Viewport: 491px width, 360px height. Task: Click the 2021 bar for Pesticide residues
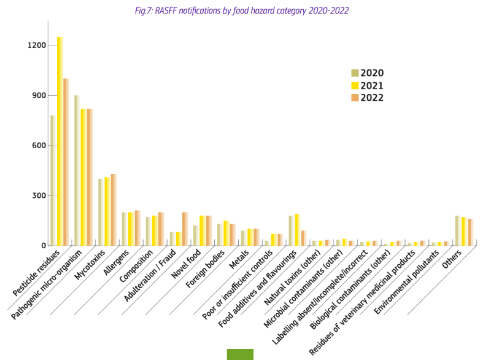[60, 141]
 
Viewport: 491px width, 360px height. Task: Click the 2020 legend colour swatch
[354, 73]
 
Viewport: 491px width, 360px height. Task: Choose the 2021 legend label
[372, 85]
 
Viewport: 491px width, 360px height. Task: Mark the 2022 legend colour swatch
[354, 97]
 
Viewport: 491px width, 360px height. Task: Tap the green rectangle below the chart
[240, 354]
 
